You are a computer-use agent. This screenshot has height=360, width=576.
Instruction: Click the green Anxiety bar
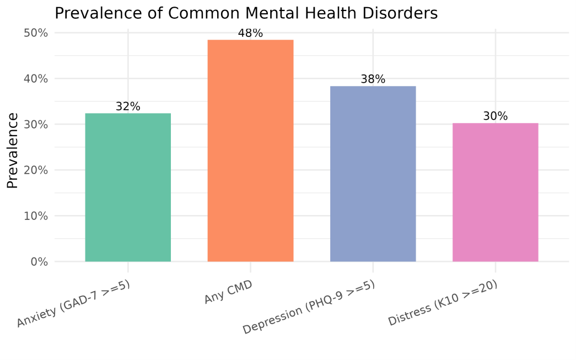coord(128,187)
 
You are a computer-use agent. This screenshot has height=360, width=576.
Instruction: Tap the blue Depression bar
coord(373,174)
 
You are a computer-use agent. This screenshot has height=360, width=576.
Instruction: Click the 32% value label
coord(128,106)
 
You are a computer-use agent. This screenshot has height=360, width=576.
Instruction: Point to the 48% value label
coord(250,33)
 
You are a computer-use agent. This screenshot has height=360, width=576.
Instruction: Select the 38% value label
coord(373,79)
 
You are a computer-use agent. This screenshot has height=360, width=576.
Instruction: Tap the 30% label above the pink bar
coord(495,116)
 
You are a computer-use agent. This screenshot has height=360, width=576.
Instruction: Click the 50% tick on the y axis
coord(36,33)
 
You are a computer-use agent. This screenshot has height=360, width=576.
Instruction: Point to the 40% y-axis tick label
coord(36,79)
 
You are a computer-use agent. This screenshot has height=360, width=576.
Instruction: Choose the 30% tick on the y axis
coord(36,125)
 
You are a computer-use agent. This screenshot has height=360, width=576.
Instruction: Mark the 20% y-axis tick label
coord(36,170)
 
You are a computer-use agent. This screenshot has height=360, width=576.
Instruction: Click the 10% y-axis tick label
coord(36,216)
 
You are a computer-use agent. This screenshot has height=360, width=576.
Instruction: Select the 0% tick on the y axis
coord(39,262)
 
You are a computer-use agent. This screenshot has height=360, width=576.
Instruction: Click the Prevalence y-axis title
coord(12,150)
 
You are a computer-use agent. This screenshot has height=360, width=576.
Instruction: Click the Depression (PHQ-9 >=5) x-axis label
coord(309,307)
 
